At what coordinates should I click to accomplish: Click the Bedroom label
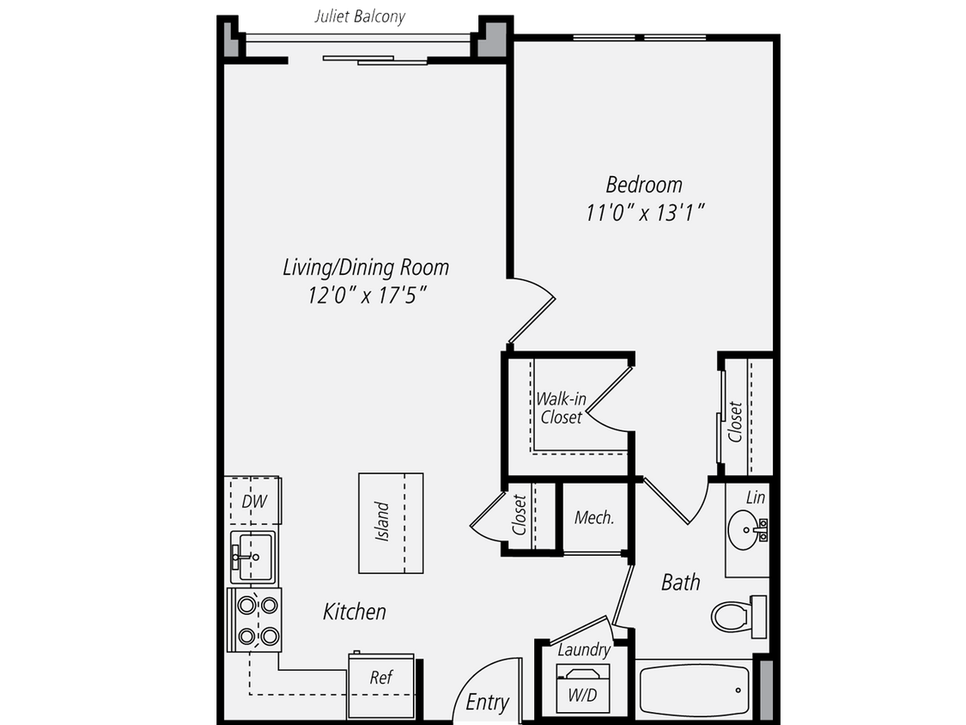tap(644, 185)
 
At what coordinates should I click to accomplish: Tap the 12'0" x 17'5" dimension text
tap(368, 296)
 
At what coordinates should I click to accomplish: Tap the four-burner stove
tap(255, 620)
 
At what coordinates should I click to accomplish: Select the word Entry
tap(487, 702)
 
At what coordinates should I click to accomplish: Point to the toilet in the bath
tap(734, 615)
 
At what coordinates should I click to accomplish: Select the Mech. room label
tap(593, 518)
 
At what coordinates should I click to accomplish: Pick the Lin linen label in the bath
tap(756, 497)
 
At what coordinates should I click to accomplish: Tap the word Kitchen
tap(354, 612)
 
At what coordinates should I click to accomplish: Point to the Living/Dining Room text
tap(366, 268)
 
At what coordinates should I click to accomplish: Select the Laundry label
tap(584, 651)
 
